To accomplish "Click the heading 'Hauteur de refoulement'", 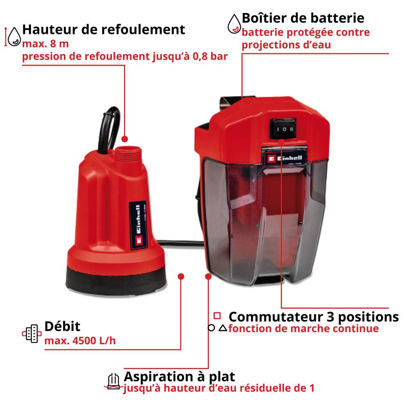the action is tap(103, 29).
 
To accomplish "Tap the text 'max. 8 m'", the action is tap(45, 44).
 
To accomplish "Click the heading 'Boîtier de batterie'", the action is tap(303, 18).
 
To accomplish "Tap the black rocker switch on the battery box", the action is tap(283, 128).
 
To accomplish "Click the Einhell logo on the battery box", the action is tap(285, 158).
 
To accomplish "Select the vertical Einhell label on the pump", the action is tap(138, 225).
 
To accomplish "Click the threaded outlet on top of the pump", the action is tap(128, 153).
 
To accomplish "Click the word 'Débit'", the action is tap(62, 326).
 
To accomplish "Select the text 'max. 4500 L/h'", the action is tap(80, 341).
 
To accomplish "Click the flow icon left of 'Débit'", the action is tap(32, 334).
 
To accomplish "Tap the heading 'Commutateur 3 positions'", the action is tap(314, 317).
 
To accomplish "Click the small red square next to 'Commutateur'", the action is tap(217, 316).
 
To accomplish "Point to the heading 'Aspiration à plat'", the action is tap(179, 377).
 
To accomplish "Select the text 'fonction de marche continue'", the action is tap(303, 329).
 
